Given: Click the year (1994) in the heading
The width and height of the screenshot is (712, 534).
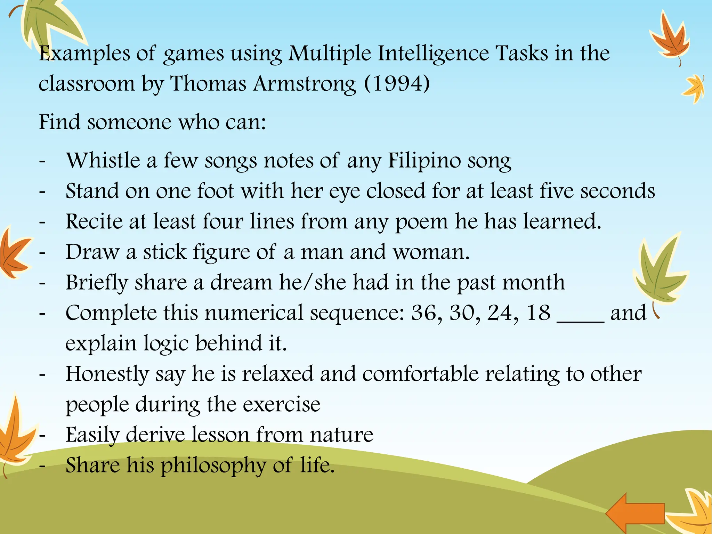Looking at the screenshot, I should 397,84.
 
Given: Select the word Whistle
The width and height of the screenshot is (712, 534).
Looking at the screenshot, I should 103,161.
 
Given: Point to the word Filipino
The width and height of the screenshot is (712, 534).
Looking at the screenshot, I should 424,161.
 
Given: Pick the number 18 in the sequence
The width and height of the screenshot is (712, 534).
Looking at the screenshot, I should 539,313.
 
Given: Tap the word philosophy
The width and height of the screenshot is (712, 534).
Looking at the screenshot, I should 213,466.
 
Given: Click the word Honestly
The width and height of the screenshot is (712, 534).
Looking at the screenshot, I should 107,375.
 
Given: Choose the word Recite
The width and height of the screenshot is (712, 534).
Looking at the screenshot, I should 94,221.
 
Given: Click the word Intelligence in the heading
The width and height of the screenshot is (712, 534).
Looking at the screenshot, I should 433,54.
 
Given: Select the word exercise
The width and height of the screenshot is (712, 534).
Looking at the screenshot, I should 281,405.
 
